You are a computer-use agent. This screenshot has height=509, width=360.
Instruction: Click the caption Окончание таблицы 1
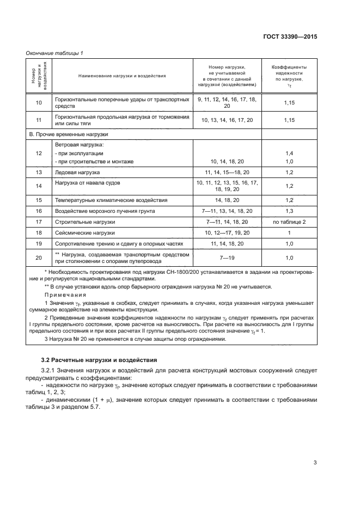tap(54, 53)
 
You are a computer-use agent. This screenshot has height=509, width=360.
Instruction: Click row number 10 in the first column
tap(38, 103)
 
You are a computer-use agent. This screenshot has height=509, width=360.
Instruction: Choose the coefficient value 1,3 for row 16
tap(289, 211)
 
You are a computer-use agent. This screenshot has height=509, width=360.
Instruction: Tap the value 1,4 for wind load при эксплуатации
tap(289, 154)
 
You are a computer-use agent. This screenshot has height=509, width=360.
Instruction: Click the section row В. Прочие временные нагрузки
tap(69, 134)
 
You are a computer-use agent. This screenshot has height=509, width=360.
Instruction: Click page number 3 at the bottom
tap(315, 463)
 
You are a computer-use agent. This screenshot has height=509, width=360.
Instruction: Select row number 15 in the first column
tap(38, 200)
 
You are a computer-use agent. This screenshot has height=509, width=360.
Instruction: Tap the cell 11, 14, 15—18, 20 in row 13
tap(228, 172)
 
